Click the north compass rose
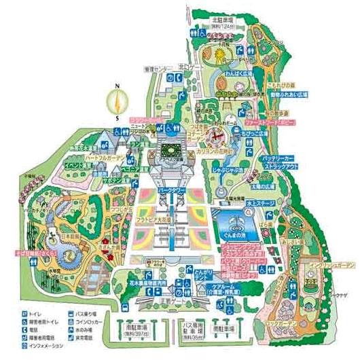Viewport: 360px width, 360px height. point(117,103)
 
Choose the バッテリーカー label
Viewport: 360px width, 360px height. point(281,158)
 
